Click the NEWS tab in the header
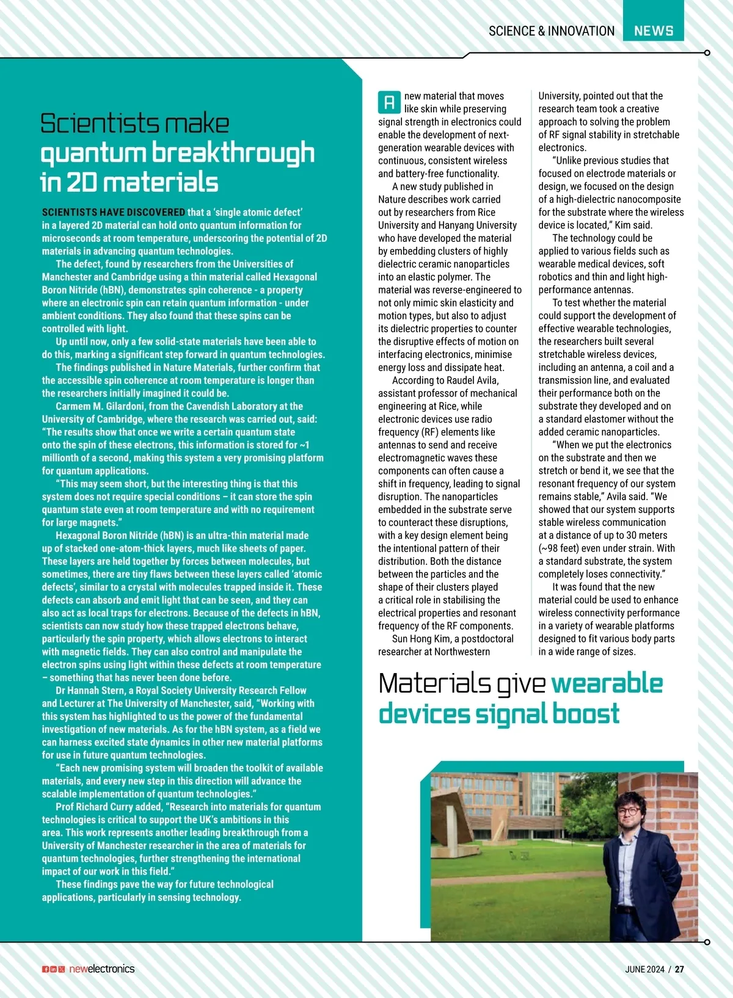[x=654, y=31]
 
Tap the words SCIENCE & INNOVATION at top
[x=552, y=31]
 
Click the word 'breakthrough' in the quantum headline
[x=233, y=153]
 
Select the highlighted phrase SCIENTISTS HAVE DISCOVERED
[x=114, y=213]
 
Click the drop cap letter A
[x=389, y=103]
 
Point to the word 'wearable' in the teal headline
[x=607, y=683]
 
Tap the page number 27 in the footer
[x=679, y=969]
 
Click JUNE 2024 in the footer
[x=644, y=969]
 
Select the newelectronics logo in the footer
[x=101, y=969]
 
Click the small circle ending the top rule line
[x=707, y=53]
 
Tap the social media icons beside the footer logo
[x=54, y=969]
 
